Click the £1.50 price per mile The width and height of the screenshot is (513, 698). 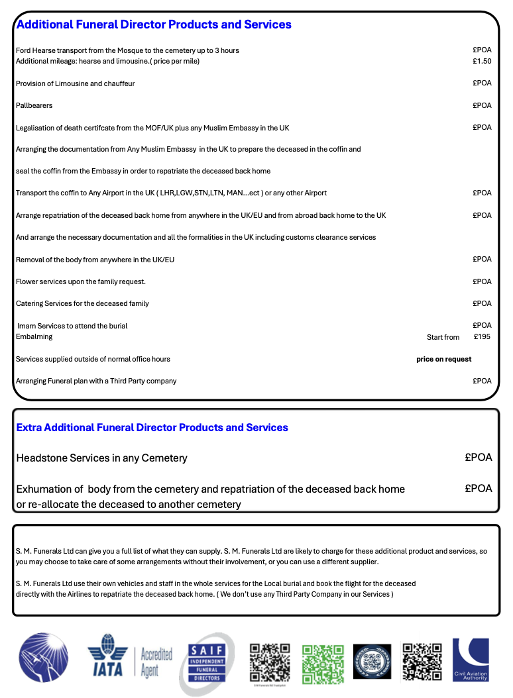[482, 61]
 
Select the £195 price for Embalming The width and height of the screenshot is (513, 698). [483, 336]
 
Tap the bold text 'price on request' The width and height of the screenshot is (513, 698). [443, 359]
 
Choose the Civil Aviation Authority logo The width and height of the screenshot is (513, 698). [471, 660]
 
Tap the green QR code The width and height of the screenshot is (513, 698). [323, 663]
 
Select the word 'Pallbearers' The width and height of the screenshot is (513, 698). [34, 105]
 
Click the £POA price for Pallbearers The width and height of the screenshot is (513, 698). [482, 105]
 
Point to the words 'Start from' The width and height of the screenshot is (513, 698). [443, 337]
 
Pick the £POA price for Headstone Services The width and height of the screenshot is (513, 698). [479, 458]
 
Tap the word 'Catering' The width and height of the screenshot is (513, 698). [29, 303]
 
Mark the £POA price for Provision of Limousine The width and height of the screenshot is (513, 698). [482, 83]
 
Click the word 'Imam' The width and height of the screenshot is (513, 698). [26, 326]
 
